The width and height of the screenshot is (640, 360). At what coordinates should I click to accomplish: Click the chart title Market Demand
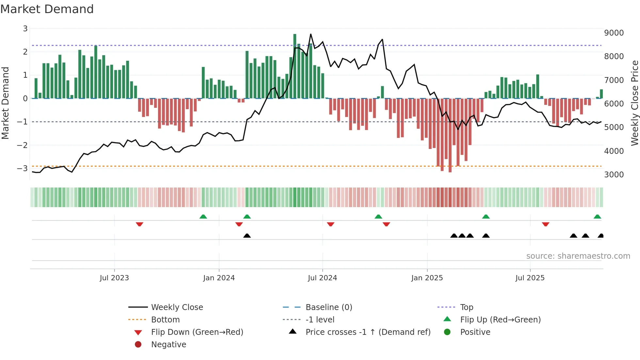coord(47,9)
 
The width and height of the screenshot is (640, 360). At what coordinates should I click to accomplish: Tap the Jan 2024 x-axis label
coord(219,278)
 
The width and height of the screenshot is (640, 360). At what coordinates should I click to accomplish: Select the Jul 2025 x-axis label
coord(530,278)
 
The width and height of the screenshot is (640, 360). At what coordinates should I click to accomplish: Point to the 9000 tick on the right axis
coord(614,33)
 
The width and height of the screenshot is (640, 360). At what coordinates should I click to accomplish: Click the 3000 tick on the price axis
coord(614,175)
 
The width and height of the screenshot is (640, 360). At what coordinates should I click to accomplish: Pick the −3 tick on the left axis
coord(22,169)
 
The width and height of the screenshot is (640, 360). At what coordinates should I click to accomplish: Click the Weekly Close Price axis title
coord(634,103)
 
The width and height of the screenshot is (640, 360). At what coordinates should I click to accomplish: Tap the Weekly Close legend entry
coord(177,307)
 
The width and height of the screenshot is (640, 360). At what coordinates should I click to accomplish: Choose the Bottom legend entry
coord(165,320)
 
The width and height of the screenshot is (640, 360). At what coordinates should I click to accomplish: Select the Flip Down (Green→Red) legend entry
coord(197,332)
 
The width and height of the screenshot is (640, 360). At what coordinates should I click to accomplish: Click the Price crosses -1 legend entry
coord(368,332)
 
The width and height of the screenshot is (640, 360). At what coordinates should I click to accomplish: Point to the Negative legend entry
coord(168,345)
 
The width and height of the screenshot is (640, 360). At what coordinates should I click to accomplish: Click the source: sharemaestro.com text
coord(578,256)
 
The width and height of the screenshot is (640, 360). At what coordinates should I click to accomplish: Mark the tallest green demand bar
coord(295,65)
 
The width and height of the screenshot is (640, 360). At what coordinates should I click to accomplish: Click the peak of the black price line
coord(311,34)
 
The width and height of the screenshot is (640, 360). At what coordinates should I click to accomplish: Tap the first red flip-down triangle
coord(139,224)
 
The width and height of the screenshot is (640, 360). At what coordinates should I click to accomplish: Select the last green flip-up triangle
coord(597,217)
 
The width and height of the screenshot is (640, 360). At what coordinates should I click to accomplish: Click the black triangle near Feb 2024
coord(247,236)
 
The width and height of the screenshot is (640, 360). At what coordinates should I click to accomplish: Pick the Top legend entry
coord(466,307)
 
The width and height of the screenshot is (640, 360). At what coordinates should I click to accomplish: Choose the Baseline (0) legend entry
coord(328,307)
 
